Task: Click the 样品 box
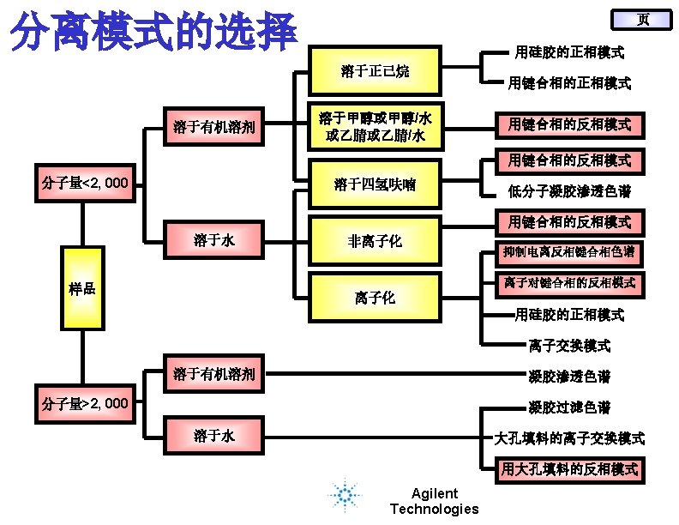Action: pyautogui.click(x=82, y=288)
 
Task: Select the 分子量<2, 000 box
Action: pyautogui.click(x=86, y=183)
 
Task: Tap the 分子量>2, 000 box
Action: pyautogui.click(x=86, y=403)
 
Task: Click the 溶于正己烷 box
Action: pyautogui.click(x=375, y=71)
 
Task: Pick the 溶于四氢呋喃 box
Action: pyautogui.click(x=375, y=183)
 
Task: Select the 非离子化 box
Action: pyautogui.click(x=375, y=241)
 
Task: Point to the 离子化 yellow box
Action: pyautogui.click(x=375, y=298)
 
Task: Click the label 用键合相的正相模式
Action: pyautogui.click(x=569, y=84)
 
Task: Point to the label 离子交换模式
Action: pyautogui.click(x=569, y=346)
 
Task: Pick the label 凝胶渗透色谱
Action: pyautogui.click(x=569, y=376)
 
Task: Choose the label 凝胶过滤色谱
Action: pyautogui.click(x=569, y=407)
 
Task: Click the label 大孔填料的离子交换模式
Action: pyautogui.click(x=569, y=438)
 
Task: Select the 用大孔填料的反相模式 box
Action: pyautogui.click(x=569, y=469)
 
